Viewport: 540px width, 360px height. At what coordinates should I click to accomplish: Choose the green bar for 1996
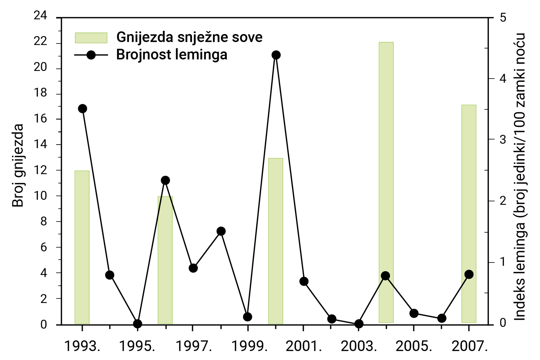point(165,262)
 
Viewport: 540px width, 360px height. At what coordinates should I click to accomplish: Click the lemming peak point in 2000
point(276,55)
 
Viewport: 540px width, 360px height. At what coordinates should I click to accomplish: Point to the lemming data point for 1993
point(82,109)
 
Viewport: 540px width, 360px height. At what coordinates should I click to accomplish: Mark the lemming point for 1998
point(221,231)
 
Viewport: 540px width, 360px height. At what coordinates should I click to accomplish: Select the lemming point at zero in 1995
point(137,324)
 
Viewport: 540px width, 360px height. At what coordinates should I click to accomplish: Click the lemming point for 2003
point(359,324)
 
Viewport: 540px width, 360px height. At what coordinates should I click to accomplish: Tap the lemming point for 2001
point(304,281)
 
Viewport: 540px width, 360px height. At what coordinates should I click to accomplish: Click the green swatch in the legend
point(91,38)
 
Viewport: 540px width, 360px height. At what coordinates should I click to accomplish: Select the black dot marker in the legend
point(91,55)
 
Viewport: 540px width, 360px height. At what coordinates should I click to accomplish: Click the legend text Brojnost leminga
point(171,55)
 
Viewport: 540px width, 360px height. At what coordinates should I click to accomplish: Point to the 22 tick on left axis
point(41,42)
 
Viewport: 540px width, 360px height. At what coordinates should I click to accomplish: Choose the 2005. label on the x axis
point(414,346)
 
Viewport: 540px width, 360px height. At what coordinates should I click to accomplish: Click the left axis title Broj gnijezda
point(18,165)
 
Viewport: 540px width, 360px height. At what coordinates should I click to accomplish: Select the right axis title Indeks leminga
point(520,177)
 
